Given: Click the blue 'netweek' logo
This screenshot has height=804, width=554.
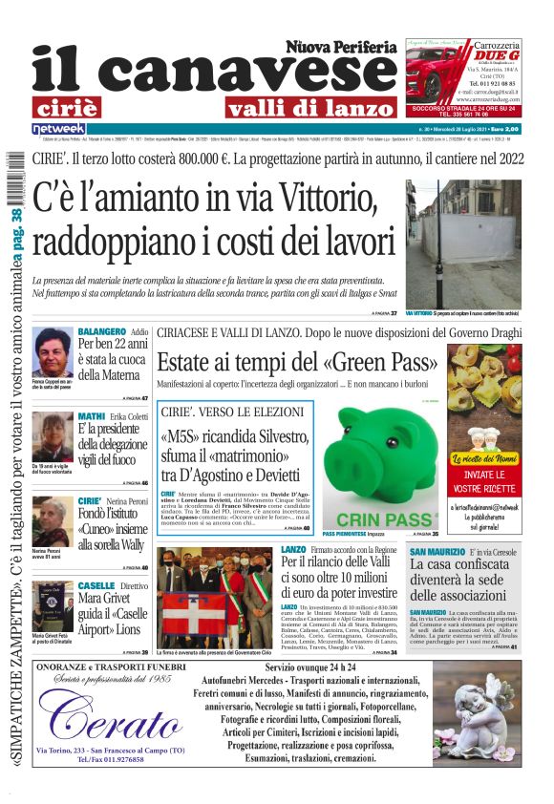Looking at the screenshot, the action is pyautogui.click(x=58, y=128).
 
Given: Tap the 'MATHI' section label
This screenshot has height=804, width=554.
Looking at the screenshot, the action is pyautogui.click(x=92, y=416).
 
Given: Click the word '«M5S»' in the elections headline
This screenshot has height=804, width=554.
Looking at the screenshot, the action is pyautogui.click(x=181, y=440).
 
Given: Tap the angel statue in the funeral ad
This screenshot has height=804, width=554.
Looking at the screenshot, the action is pyautogui.click(x=472, y=720).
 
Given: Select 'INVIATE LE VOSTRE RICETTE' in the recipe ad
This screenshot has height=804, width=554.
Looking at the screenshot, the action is pyautogui.click(x=484, y=480).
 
